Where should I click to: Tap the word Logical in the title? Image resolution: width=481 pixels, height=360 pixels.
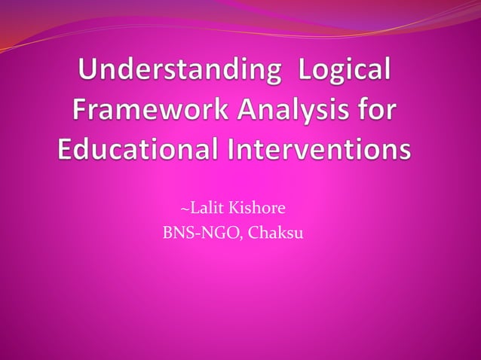[x=346, y=76]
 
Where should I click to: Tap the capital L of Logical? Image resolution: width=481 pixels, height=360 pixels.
[x=306, y=76]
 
